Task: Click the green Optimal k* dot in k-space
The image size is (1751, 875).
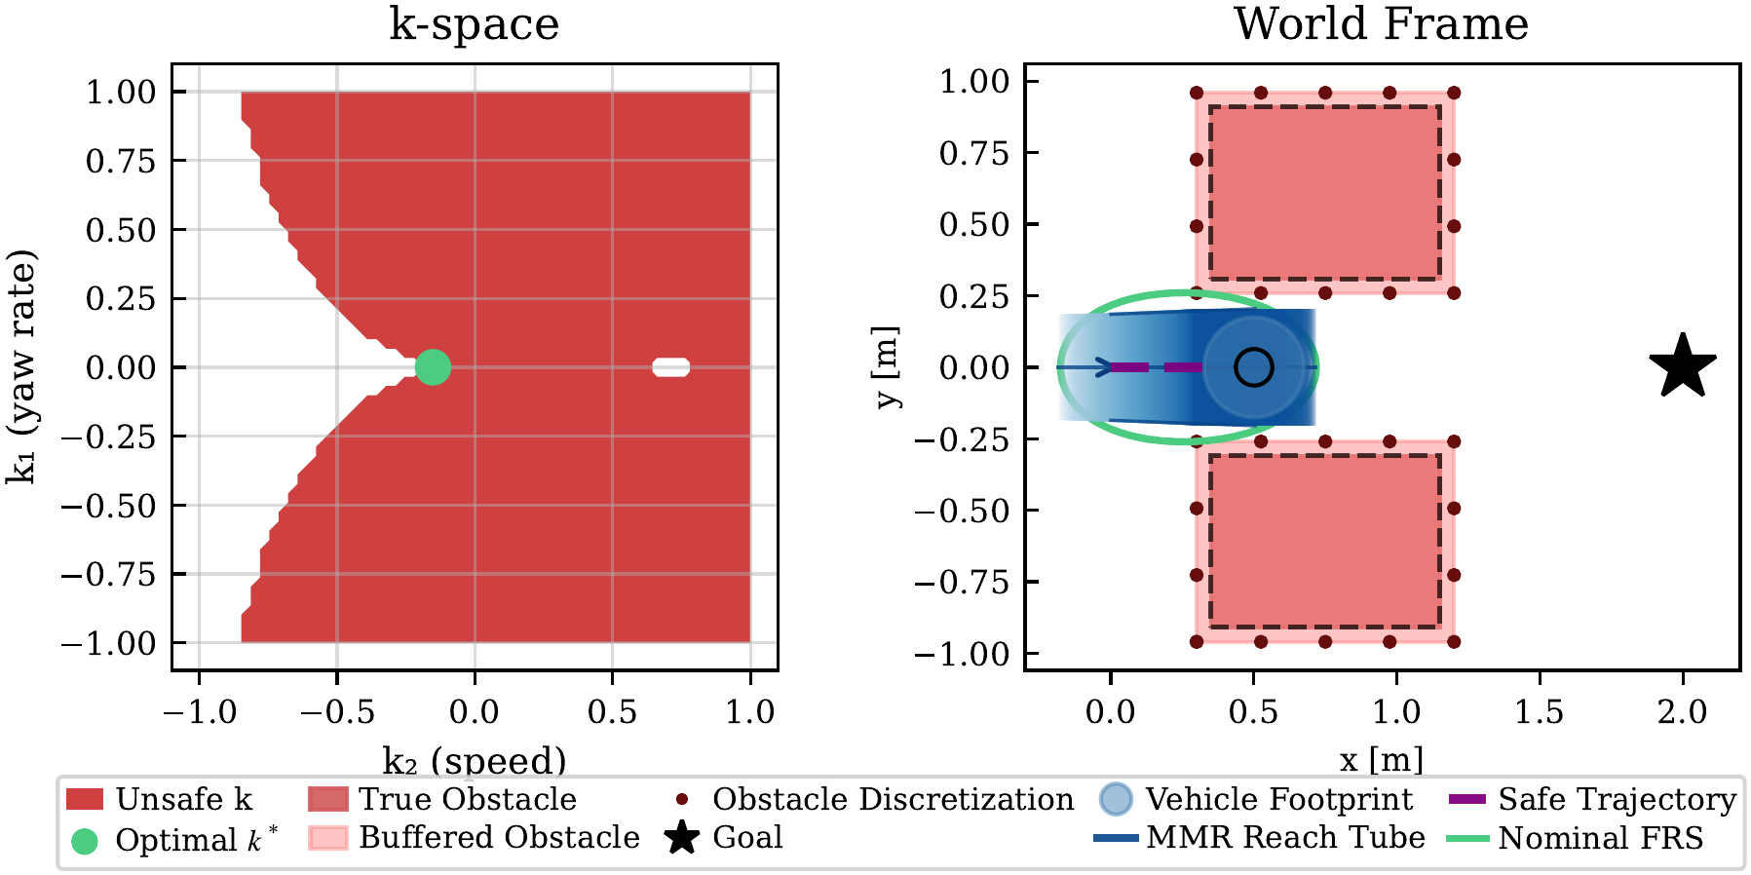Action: coord(433,367)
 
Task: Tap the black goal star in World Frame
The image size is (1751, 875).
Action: coord(1683,367)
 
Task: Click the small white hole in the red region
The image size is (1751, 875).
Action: coord(671,367)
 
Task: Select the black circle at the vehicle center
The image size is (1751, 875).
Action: coord(1253,367)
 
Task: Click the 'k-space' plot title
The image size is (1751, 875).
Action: coord(474,24)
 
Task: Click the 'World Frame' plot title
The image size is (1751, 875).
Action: coord(1381,24)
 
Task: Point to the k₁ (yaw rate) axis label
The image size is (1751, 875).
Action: coord(21,366)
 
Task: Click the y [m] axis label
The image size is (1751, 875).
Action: coord(887,366)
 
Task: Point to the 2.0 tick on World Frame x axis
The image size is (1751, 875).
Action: coord(1683,712)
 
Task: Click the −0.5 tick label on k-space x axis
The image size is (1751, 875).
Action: coord(336,712)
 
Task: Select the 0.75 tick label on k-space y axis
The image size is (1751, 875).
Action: coord(121,161)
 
